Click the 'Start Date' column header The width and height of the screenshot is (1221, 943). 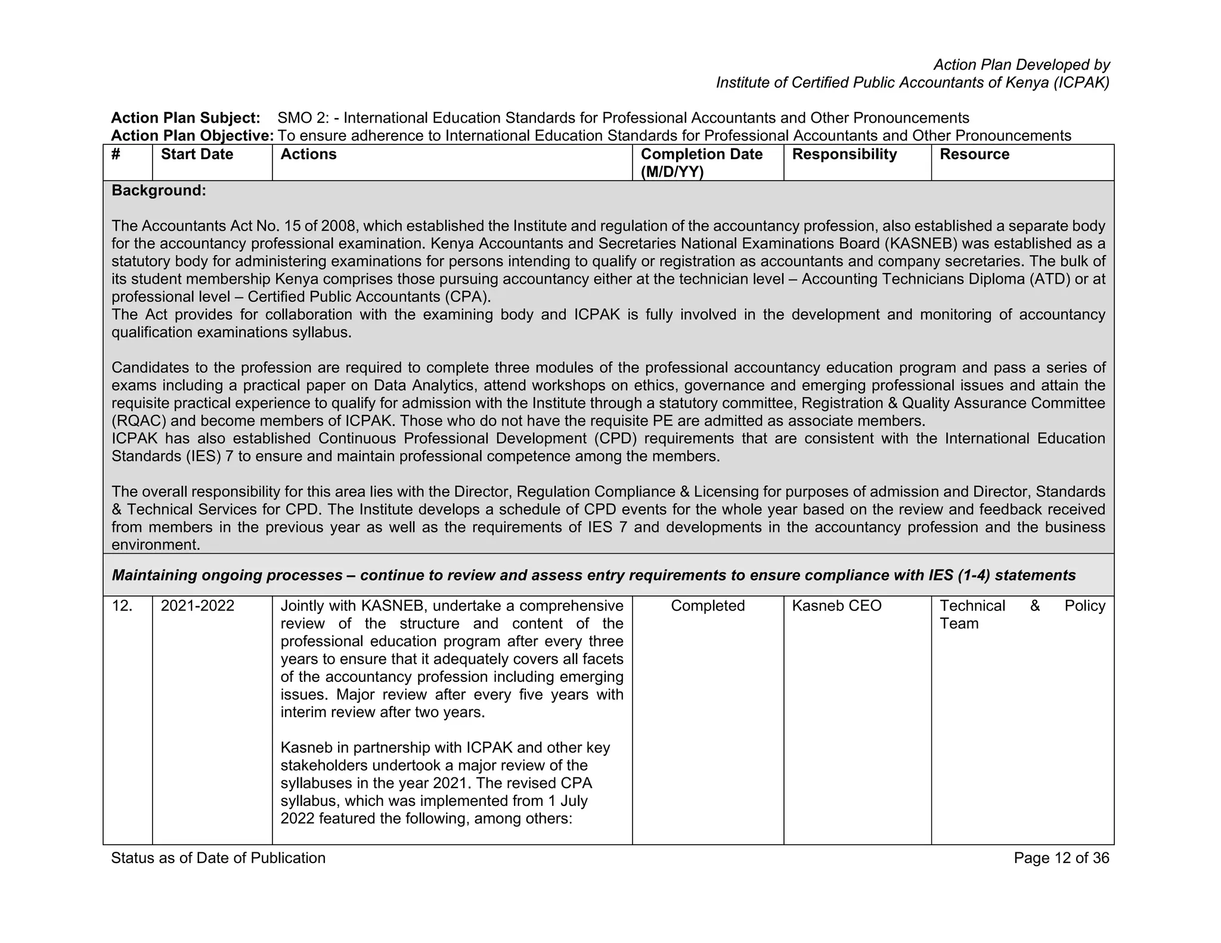coord(197,154)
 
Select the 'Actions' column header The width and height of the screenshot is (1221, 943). coord(308,154)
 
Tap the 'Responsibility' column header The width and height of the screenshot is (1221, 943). coord(844,154)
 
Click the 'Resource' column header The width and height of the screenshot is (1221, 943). coord(974,154)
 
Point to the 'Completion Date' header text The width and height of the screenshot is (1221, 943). coord(701,154)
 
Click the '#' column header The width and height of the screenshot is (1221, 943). coord(116,154)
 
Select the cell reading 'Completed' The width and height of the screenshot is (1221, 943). coord(708,606)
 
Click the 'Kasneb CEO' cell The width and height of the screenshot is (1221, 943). coord(836,606)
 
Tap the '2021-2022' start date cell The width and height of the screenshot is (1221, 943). coord(197,606)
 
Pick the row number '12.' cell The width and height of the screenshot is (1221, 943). coord(122,606)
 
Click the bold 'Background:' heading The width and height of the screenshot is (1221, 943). coord(159,191)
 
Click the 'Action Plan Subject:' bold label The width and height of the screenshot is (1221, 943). coord(185,118)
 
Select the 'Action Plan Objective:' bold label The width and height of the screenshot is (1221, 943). coord(192,136)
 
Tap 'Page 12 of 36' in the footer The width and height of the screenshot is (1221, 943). coord(1061,858)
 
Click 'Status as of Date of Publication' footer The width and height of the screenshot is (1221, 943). coord(218,858)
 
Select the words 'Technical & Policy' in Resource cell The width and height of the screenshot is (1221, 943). coord(1022,606)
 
